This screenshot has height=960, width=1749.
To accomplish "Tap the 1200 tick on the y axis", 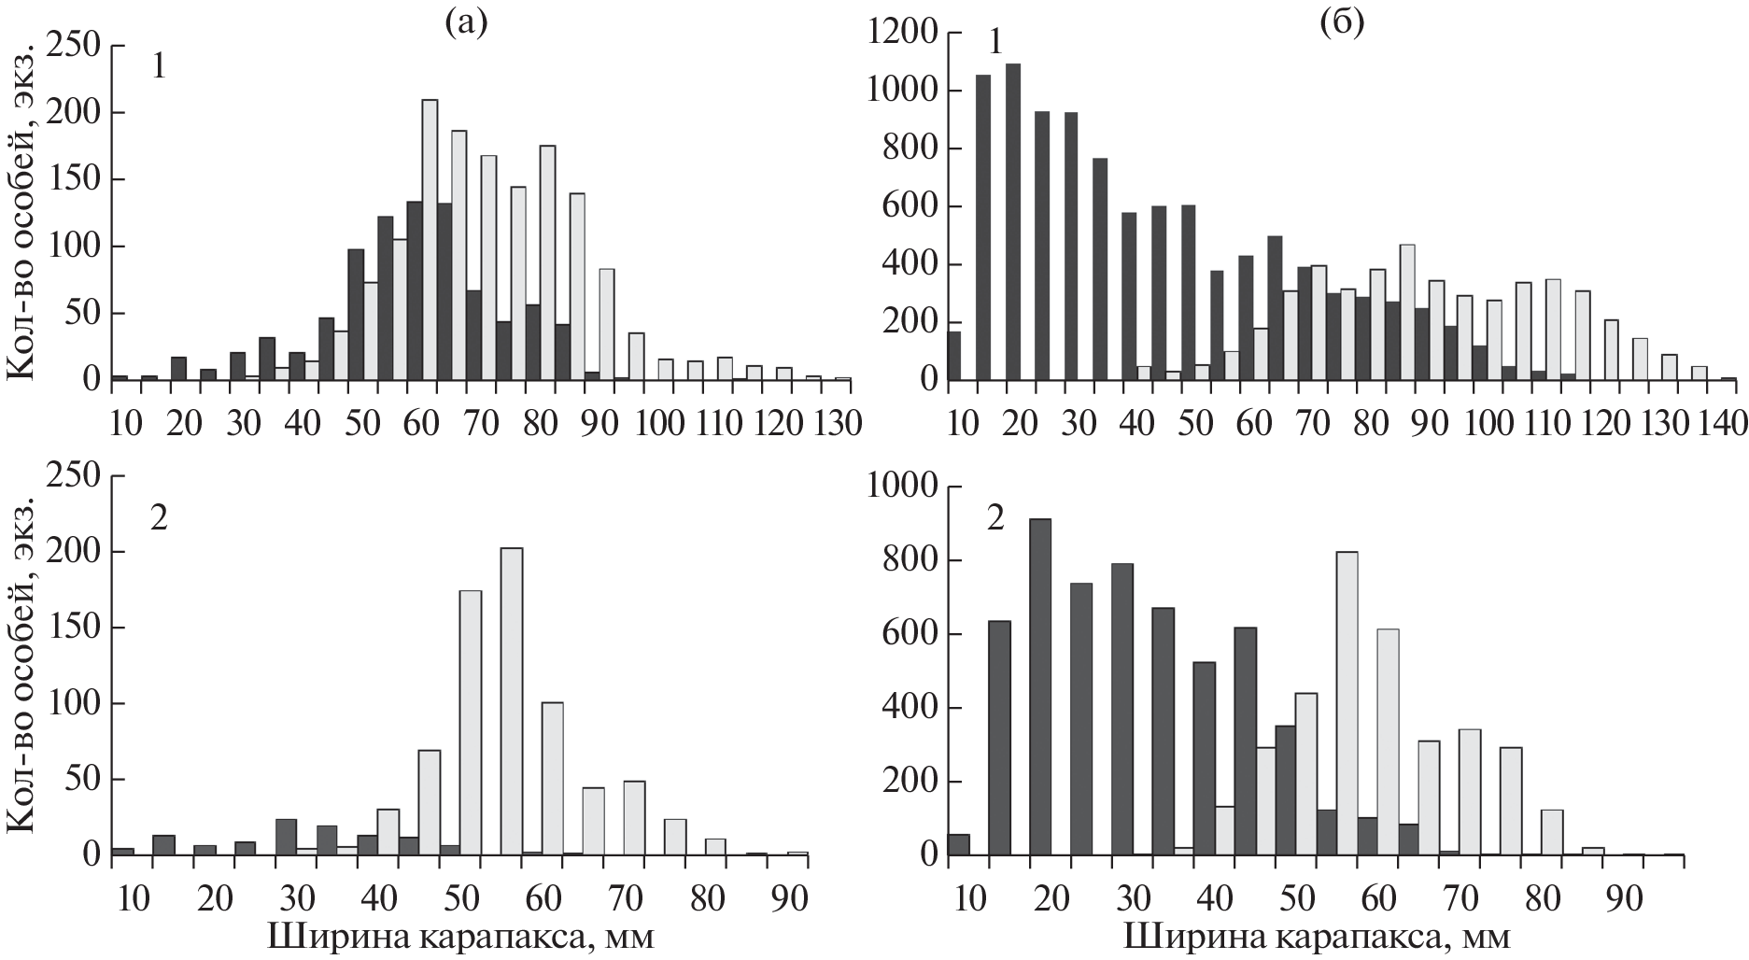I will coord(899,34).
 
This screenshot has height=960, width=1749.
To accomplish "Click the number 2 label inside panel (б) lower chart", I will coord(995,519).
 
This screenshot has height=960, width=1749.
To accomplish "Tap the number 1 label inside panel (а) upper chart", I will coord(160,68).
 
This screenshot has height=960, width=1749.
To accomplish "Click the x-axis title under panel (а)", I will coord(461,937).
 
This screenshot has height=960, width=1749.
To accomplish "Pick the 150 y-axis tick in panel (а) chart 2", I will coord(78,628).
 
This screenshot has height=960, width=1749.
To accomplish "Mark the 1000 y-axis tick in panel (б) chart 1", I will coord(899,92).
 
